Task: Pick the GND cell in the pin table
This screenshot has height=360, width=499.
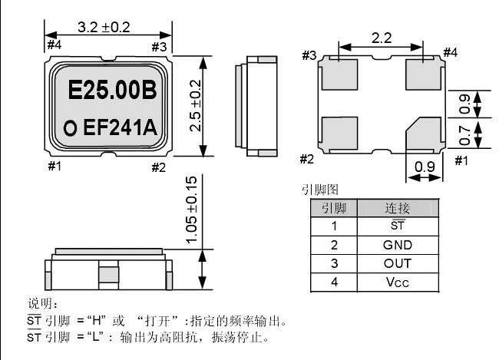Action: [x=398, y=245]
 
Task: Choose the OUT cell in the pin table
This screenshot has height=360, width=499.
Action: [x=398, y=263]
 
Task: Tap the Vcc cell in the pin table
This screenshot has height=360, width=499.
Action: [x=398, y=282]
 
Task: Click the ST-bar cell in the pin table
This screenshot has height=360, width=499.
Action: [x=398, y=226]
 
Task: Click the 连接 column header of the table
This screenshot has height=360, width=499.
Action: [x=398, y=208]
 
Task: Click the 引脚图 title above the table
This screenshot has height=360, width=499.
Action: [x=321, y=190]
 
